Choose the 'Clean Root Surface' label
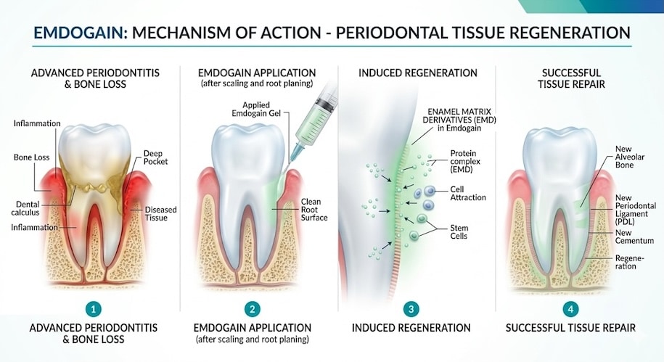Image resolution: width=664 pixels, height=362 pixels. [314, 210]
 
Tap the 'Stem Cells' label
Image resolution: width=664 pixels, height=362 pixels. [459, 232]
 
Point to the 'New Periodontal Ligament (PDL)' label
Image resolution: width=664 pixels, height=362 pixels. [634, 210]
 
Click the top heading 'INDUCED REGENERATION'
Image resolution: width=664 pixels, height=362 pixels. [411, 73]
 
